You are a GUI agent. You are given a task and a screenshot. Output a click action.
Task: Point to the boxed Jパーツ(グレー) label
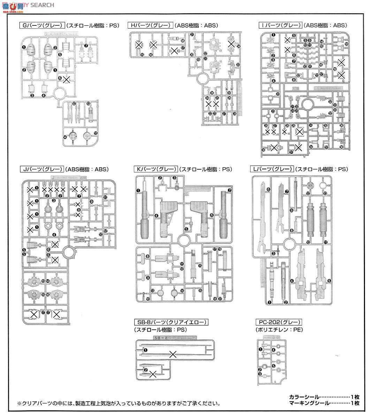42,170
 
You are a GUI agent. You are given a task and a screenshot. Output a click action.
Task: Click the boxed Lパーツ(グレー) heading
272,170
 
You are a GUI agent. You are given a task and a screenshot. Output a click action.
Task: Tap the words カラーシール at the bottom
303,397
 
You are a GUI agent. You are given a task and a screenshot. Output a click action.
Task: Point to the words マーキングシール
309,403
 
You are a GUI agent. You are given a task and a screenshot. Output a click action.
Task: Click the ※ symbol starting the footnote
20,404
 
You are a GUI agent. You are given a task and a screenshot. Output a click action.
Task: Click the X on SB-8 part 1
172,355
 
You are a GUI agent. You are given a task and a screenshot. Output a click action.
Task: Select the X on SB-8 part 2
152,374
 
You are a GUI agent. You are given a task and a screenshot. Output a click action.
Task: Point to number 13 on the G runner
89,103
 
